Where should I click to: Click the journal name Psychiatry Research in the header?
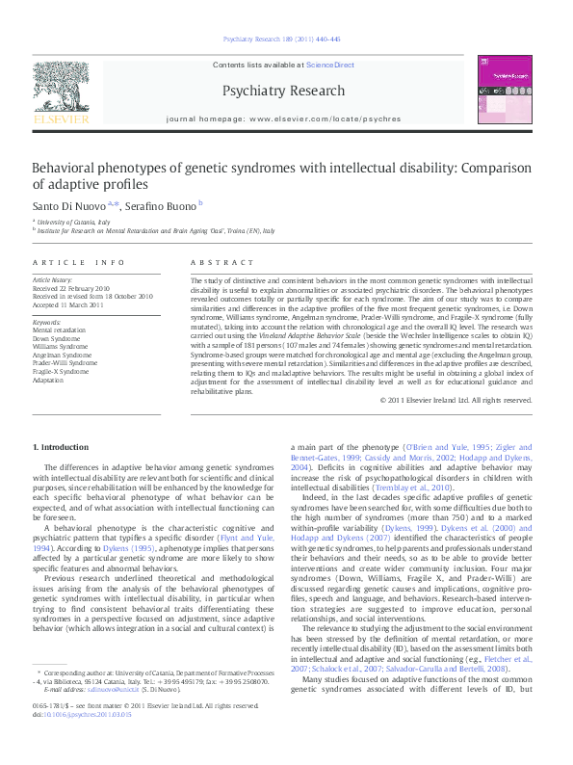point(282,91)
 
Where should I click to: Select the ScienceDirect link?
point(330,64)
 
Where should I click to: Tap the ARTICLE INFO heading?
point(79,262)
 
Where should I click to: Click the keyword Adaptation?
point(51,378)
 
